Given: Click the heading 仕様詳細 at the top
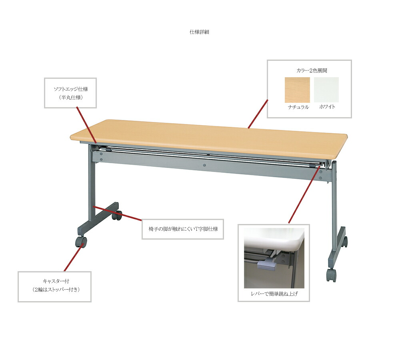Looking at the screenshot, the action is (200, 32).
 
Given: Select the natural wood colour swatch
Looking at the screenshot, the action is (297, 90).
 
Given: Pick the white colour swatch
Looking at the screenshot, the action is (326, 90).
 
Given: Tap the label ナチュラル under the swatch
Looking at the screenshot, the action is (298, 107).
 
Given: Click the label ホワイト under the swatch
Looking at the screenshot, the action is (327, 107).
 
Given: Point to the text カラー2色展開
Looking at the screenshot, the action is (312, 70).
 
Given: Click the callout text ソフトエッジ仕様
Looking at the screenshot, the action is (71, 89).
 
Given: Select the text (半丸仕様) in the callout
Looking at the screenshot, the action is (71, 98).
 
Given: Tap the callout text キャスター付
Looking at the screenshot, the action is (56, 281).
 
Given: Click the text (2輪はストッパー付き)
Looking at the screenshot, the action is (56, 290).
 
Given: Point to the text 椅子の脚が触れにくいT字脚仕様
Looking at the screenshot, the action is (183, 229).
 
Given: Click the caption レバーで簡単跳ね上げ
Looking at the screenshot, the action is (274, 294).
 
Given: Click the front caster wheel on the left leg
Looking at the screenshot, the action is (81, 242).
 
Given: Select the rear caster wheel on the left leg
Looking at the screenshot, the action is (117, 216).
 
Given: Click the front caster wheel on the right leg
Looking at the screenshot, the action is (331, 276).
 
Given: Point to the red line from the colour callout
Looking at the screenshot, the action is (258, 114).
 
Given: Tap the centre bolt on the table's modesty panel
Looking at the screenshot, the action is (204, 165).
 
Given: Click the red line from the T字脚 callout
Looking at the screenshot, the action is (117, 213).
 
